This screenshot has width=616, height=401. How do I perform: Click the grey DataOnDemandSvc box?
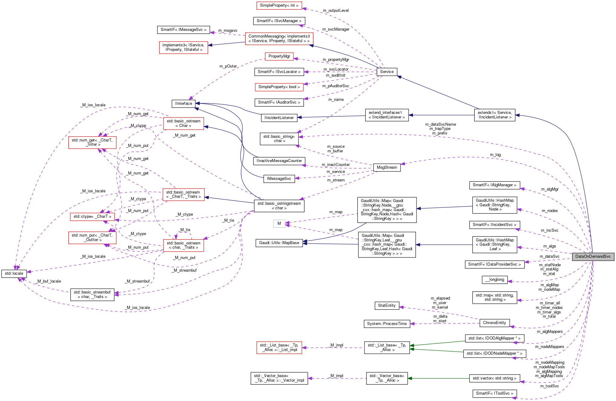593,257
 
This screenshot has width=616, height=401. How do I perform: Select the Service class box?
387,72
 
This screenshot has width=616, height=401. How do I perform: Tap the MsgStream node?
387,167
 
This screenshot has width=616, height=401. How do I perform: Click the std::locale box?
14,273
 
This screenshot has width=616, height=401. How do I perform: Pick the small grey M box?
279,224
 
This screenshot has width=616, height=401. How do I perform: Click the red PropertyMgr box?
279,56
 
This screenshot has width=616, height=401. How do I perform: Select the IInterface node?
183,104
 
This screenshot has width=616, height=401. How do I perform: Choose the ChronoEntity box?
494,323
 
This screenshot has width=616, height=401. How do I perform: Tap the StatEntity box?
387,306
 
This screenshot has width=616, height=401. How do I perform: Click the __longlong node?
495,280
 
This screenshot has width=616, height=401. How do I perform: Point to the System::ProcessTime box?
387,324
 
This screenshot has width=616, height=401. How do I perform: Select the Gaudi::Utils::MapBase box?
279,243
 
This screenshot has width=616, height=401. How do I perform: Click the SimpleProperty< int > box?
279,5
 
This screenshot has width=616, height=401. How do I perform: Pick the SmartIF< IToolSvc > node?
494,393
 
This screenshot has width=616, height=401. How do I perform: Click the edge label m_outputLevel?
336,11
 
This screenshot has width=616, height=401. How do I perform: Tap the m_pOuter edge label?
228,66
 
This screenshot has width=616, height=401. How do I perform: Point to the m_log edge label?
495,155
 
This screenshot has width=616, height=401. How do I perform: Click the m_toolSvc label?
549,386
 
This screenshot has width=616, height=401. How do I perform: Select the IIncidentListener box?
279,118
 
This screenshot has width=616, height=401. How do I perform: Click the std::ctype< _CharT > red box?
92,217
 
